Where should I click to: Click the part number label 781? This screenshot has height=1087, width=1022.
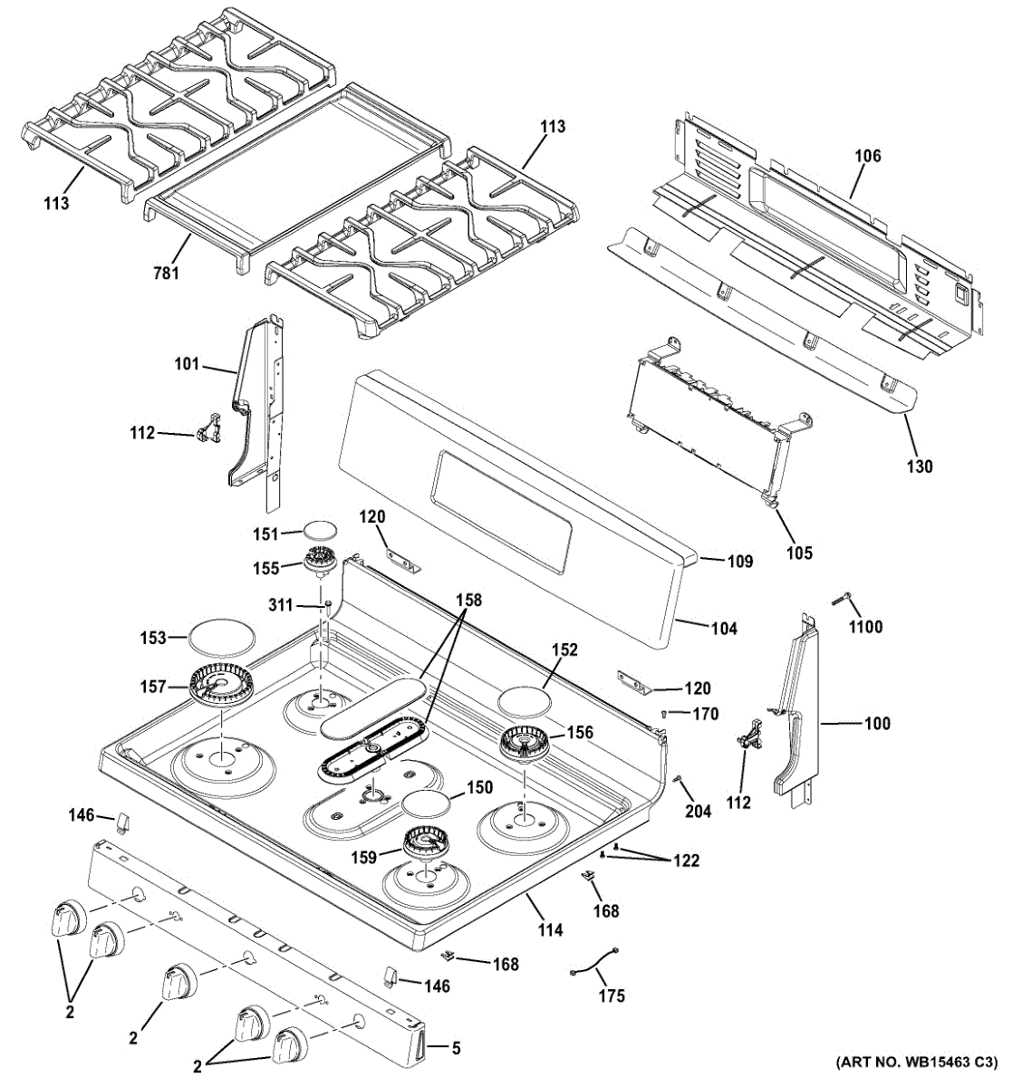tap(166, 272)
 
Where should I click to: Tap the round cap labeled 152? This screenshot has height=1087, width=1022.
tap(525, 700)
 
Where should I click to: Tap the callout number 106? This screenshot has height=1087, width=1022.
tap(868, 156)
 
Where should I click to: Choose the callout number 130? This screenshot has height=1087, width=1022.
tap(920, 467)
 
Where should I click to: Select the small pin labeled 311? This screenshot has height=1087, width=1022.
tap(327, 606)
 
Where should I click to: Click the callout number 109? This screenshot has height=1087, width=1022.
tap(740, 561)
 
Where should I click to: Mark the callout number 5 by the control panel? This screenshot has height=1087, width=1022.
tap(457, 1047)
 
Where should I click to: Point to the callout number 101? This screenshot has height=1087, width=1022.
tap(187, 363)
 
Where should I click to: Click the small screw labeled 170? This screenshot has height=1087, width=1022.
tap(664, 714)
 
